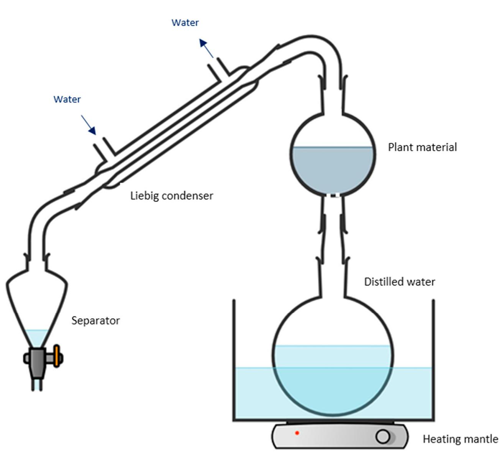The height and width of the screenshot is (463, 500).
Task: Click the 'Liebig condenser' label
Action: (x=171, y=196)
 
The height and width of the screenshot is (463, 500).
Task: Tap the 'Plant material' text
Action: (x=422, y=147)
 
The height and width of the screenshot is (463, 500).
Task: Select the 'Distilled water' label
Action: (x=399, y=282)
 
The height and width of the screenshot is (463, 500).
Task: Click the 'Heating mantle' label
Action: (x=460, y=439)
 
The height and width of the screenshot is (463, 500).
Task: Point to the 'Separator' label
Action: (x=95, y=321)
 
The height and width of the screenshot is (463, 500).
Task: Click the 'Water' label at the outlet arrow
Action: (x=185, y=23)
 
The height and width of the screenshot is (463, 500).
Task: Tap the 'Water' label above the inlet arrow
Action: (x=67, y=99)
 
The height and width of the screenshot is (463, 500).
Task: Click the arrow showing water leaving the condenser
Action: (x=206, y=48)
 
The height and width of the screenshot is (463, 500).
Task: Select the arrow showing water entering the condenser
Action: (x=89, y=124)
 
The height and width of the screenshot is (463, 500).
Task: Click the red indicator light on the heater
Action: (x=297, y=433)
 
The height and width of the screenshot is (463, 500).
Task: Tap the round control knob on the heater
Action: (x=383, y=437)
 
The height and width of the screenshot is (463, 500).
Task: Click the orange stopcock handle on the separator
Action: (x=57, y=356)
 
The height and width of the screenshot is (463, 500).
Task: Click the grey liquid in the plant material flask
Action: (x=333, y=169)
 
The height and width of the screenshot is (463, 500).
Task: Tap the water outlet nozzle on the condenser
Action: (x=218, y=69)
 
